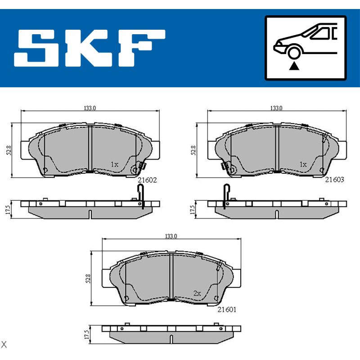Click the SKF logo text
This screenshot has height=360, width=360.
(90, 48)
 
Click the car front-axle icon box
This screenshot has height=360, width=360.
(306, 48)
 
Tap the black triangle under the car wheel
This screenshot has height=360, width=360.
(294, 67)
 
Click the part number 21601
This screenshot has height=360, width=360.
(227, 310)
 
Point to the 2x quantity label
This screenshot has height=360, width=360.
(196, 293)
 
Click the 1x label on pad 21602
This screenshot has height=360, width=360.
(114, 165)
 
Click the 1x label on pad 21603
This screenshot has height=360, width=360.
(303, 165)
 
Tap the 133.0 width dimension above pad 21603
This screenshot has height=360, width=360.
(276, 108)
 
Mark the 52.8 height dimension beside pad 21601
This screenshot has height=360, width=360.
(89, 279)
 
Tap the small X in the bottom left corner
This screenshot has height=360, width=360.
(4, 345)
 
